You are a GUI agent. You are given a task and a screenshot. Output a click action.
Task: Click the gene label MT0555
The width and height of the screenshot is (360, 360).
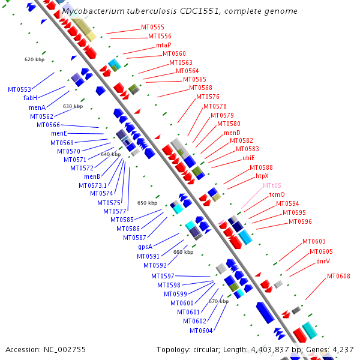(x=152, y=28)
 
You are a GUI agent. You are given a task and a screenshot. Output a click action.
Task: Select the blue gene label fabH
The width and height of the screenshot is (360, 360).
(x=31, y=98)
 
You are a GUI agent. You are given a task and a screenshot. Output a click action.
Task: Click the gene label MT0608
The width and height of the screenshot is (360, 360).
(x=338, y=276)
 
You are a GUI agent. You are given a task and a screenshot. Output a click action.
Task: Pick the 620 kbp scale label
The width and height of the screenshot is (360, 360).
(x=34, y=59)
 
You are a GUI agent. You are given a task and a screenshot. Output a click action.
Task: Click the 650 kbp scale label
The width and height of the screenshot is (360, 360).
(x=147, y=203)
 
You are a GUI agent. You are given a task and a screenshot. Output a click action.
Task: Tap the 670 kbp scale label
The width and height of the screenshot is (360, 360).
(x=218, y=301)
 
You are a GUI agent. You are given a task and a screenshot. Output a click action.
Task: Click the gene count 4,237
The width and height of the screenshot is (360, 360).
(x=342, y=349)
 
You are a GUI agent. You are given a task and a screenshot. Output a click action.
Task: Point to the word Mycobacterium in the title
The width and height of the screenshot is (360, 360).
(x=92, y=11)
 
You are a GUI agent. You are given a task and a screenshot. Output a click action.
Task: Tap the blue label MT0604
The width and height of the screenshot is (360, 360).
(x=202, y=331)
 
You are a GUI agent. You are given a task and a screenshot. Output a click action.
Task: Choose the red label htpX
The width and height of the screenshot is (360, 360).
(x=262, y=176)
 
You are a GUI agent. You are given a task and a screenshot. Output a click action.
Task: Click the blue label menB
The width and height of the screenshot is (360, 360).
(x=92, y=176)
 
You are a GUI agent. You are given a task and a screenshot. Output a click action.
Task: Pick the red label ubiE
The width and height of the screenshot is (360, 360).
(x=248, y=158)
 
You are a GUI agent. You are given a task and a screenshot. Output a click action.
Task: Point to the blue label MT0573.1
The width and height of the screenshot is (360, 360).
(x=93, y=185)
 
